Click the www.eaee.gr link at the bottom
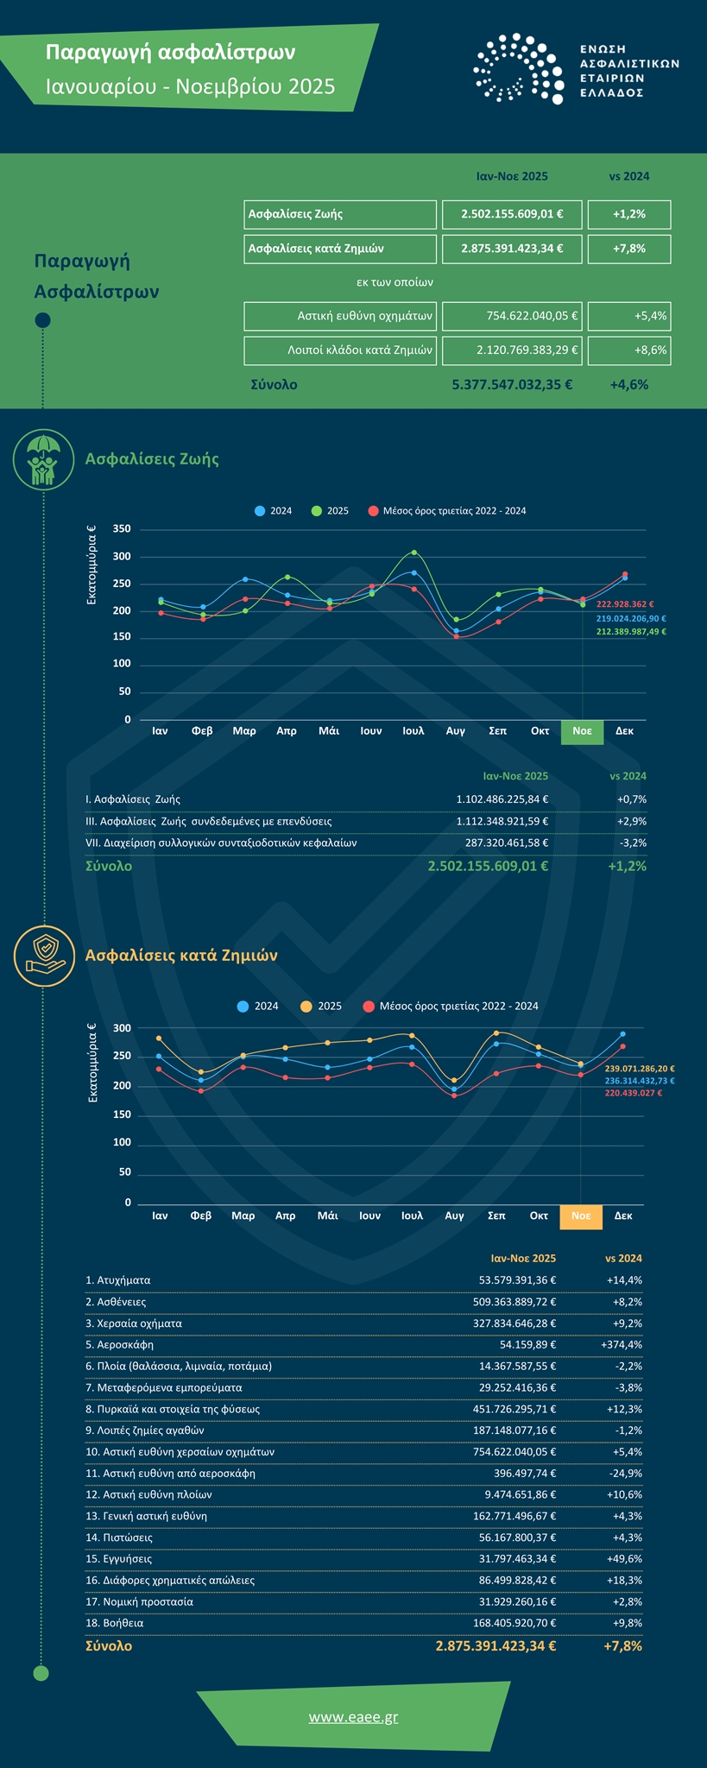pos(353,1717)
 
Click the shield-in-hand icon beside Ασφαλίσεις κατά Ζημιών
pos(43,954)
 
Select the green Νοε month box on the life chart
pos(582,731)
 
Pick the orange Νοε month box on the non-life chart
pos(581,1215)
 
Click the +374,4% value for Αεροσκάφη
pos(621,1345)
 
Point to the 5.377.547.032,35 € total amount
pos(512,385)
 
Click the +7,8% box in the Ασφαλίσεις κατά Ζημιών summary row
pos(628,249)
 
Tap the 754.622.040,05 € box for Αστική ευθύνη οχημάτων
pos(512,316)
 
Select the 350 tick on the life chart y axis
pos(122,529)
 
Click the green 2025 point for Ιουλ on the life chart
pos(414,552)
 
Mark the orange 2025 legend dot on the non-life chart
pos(306,1007)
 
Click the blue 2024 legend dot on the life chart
pos(259,511)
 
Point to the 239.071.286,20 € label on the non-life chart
pos(640,1069)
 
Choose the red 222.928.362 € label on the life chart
pos(625,604)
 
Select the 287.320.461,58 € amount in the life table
pos(502,843)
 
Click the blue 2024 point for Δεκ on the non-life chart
pos(623,1034)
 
